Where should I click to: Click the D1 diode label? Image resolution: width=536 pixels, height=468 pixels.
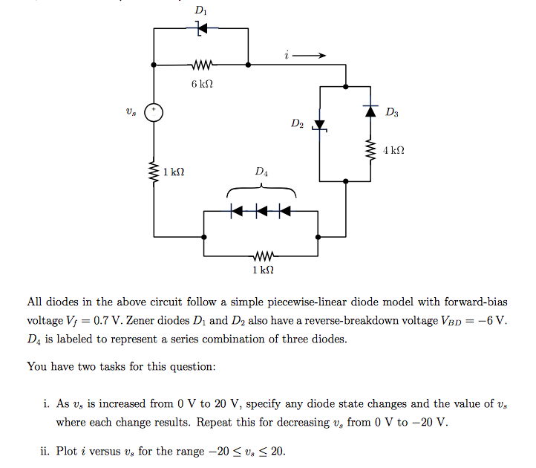pyautogui.click(x=200, y=11)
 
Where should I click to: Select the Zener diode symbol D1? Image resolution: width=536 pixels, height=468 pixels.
pyautogui.click(x=200, y=28)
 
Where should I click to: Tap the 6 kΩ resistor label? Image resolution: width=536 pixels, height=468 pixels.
pyautogui.click(x=201, y=84)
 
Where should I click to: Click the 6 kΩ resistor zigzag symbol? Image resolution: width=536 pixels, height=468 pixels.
pyautogui.click(x=201, y=65)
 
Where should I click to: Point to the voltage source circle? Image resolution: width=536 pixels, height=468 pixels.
pyautogui.click(x=154, y=112)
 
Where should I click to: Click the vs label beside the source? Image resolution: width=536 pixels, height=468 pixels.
pyautogui.click(x=131, y=112)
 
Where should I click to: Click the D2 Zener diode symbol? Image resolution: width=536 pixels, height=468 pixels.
pyautogui.click(x=319, y=126)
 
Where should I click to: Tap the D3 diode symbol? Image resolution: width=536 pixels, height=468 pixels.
pyautogui.click(x=370, y=110)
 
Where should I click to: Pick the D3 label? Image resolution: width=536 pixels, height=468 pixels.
pyautogui.click(x=392, y=113)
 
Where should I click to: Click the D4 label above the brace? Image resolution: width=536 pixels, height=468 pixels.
pyautogui.click(x=261, y=172)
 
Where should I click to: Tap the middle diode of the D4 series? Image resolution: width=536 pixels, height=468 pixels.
pyautogui.click(x=261, y=211)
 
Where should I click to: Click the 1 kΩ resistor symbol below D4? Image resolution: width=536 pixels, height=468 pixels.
pyautogui.click(x=261, y=256)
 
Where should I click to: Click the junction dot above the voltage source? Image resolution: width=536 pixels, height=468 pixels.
pyautogui.click(x=154, y=65)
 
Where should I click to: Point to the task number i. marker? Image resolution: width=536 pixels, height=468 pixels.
pyautogui.click(x=47, y=404)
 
